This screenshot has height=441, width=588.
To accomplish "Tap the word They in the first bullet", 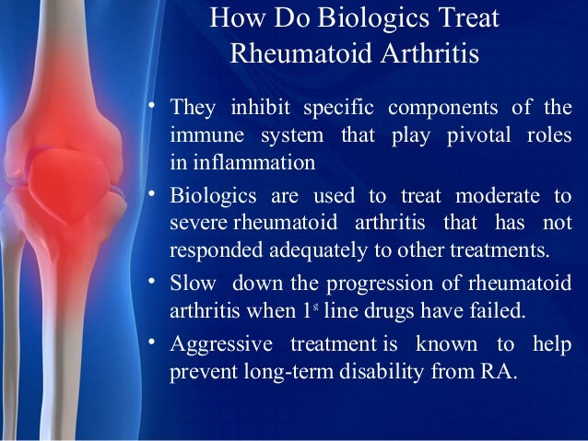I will point(192,108).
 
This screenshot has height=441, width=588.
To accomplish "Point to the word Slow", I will point(191,283).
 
